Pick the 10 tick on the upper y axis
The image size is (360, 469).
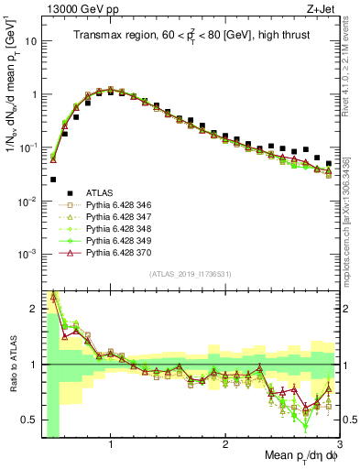coord(30,41)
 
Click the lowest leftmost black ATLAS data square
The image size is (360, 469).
coord(53,180)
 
